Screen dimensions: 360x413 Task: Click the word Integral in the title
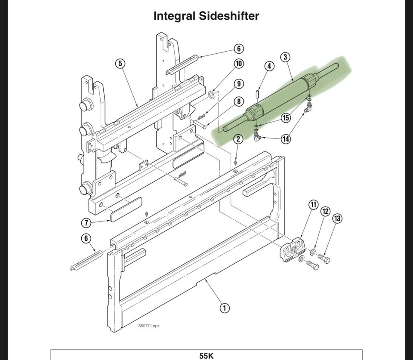tap(174, 16)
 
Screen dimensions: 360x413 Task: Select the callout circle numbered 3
tap(285, 57)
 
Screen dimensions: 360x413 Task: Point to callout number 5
tap(120, 63)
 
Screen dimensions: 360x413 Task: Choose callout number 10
tap(238, 64)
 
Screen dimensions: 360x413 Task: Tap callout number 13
tap(337, 219)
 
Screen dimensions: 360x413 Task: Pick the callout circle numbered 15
tap(286, 117)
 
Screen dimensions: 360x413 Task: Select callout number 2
tap(238, 138)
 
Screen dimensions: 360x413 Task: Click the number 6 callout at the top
tap(239, 48)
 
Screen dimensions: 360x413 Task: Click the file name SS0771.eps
tap(149, 326)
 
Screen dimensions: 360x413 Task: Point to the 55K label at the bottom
tap(206, 356)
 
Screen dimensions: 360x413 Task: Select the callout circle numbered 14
tap(286, 139)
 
